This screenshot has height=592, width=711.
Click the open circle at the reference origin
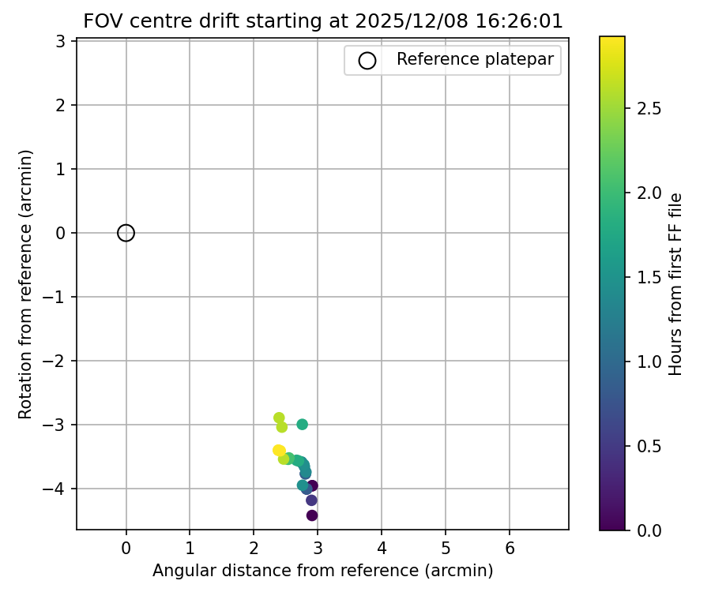click(126, 233)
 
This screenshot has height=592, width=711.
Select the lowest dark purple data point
click(312, 515)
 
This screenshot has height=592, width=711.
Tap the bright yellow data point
click(279, 451)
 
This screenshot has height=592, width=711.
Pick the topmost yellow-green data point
click(279, 418)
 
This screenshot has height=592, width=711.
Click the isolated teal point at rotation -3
click(302, 425)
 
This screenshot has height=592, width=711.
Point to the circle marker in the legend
click(367, 60)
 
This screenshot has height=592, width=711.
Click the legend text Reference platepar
click(475, 59)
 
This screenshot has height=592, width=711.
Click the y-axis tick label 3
click(61, 41)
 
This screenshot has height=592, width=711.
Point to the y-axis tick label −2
click(56, 361)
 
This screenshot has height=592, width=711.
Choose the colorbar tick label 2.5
click(648, 108)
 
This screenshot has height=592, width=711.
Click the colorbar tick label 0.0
click(648, 530)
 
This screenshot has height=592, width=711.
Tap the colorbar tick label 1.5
click(648, 277)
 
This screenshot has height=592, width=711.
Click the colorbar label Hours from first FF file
click(675, 284)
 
